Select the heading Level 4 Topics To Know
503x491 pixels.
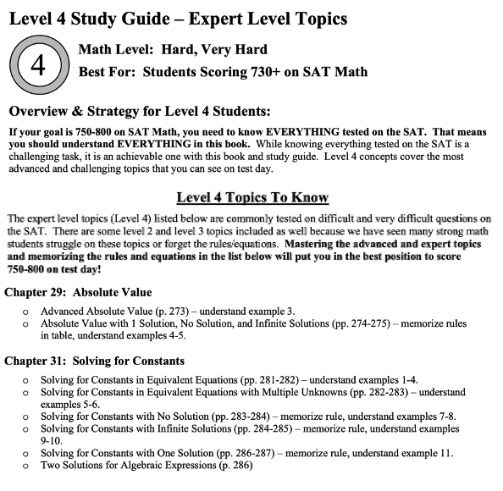coord(251,198)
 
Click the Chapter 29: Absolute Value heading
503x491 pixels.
coord(78,292)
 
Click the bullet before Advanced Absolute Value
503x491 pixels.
coord(28,312)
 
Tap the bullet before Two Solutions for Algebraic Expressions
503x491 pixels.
coord(28,466)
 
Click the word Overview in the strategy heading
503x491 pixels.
coord(43,112)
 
